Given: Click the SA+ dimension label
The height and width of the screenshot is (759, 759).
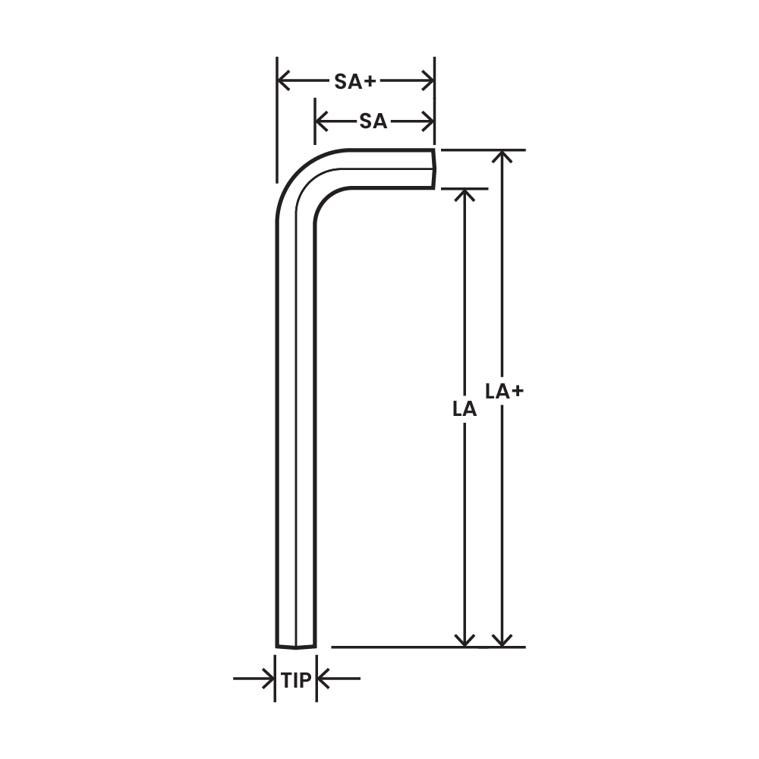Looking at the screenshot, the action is point(354,82).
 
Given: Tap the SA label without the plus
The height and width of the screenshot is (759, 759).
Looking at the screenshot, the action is point(373,121).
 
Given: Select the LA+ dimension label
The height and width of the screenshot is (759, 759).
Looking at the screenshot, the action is point(505,391).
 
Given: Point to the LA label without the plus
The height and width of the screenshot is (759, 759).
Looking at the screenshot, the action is point(465,409).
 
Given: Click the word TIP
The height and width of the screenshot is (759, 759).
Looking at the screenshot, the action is point(296,681).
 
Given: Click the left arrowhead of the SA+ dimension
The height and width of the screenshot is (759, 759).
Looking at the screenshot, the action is point(284,80).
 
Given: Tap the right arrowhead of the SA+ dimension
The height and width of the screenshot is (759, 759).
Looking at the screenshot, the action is point(428,80).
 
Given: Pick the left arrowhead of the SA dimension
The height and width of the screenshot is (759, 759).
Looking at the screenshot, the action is point(322,121).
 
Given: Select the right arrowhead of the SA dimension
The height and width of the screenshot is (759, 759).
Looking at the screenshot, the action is point(428,121).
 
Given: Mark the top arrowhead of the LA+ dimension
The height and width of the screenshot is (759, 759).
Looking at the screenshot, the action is point(503,157).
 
